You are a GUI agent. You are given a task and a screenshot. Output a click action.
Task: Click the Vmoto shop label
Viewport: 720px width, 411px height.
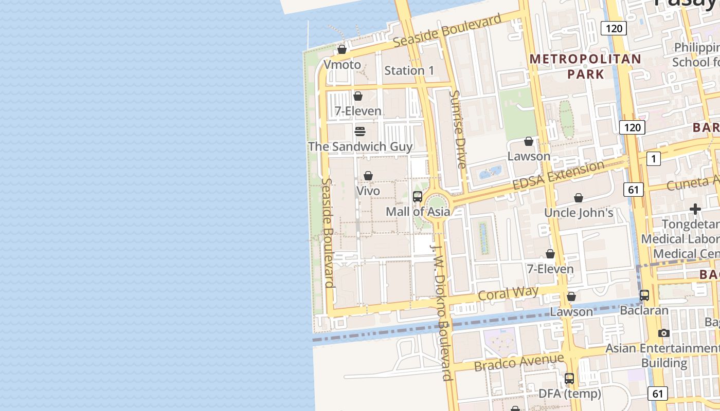[342, 65]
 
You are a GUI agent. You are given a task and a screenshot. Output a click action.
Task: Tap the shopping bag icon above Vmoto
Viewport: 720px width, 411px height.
[342, 49]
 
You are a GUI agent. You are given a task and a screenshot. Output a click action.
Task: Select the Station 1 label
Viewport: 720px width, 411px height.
[409, 71]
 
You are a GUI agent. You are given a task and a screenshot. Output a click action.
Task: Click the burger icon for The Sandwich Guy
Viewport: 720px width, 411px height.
[360, 132]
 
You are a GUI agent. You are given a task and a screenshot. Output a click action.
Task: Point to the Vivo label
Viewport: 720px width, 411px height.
[368, 191]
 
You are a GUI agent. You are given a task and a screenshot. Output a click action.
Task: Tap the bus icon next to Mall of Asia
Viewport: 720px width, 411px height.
[418, 196]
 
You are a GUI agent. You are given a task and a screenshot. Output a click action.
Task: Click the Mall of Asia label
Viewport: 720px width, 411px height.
[418, 212]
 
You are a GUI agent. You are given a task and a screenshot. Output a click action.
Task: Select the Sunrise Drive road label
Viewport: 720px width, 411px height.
[457, 129]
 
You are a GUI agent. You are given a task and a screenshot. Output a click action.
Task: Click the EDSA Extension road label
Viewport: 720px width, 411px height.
[558, 176]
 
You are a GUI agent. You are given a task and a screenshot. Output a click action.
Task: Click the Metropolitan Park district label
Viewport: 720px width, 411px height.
[586, 66]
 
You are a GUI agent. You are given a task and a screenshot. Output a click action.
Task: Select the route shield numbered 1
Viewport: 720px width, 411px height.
[653, 159]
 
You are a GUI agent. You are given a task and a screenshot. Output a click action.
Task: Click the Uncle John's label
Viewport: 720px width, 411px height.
[579, 213]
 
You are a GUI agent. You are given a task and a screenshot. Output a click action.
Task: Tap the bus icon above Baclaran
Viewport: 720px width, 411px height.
[644, 295]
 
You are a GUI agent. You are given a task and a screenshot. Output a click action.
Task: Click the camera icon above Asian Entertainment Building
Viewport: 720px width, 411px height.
[664, 333]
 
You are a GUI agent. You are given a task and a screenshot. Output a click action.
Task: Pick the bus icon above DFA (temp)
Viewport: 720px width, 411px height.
[569, 379]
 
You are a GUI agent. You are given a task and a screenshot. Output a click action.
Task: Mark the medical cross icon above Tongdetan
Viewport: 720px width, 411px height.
[695, 209]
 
